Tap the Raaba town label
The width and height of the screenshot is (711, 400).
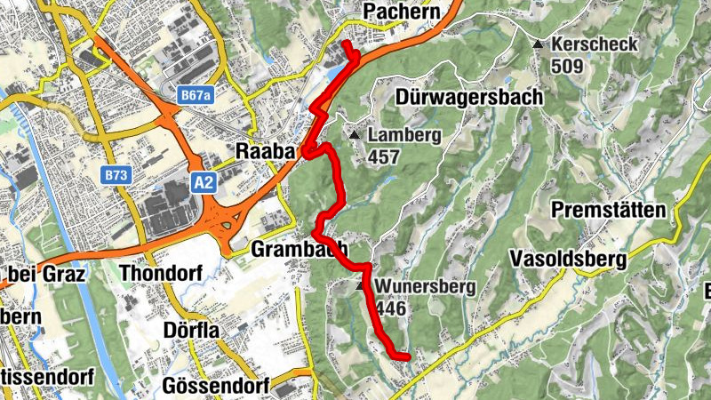coord(265,152)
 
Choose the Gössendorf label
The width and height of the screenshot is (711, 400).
coord(212,386)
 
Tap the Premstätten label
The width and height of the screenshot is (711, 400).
coord(608,211)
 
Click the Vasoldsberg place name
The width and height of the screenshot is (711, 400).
coord(569,259)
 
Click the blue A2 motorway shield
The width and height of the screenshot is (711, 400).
coord(204,182)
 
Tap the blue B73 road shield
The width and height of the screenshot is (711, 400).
coord(116,176)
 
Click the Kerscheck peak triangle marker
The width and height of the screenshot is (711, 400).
coord(538,44)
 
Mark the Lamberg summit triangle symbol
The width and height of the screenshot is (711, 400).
coord(355,135)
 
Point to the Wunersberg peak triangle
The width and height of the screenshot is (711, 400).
coord(361,287)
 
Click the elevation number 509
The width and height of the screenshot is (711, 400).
coord(568,66)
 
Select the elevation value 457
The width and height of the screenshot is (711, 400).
coord(384,157)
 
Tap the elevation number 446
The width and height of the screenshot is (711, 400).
coord(392,308)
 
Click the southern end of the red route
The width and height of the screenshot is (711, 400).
coord(407,357)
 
